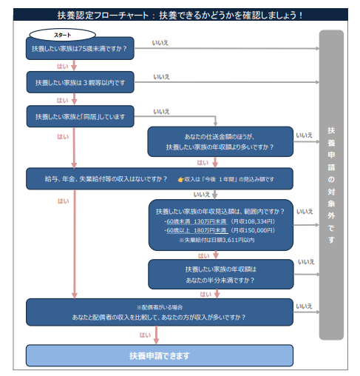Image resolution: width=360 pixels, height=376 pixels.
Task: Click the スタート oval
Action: [62, 35]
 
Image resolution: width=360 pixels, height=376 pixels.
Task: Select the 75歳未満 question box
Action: [80, 48]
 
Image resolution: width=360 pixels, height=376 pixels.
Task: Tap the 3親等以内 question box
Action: [80, 82]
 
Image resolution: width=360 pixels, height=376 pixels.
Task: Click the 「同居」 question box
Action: [80, 116]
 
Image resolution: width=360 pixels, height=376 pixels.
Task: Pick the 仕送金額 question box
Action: [220, 141]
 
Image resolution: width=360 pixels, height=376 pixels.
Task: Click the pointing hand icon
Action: [180, 179]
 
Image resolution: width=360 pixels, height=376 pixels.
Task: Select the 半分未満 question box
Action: [221, 274]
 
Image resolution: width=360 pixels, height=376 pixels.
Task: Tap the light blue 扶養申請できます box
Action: [160, 355]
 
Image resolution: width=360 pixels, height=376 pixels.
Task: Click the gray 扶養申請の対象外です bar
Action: [331, 185]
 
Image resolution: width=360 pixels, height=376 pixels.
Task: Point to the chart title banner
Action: [180, 15]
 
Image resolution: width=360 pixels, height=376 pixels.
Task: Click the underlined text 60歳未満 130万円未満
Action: [197, 221]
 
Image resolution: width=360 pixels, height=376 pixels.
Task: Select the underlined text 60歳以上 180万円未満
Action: [197, 230]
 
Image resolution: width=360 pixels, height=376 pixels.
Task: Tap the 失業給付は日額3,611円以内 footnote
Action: [217, 240]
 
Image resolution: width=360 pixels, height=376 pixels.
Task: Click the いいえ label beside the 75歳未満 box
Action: [160, 43]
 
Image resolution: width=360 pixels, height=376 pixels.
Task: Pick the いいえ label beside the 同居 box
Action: [161, 112]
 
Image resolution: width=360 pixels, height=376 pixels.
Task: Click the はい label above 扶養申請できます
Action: [145, 335]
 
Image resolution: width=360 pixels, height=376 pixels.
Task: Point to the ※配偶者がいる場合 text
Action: [160, 307]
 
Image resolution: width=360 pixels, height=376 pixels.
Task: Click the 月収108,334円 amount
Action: [253, 221]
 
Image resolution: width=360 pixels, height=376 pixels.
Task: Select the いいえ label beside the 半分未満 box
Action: [306, 262]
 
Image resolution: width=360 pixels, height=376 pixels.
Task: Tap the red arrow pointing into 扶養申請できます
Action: [156, 335]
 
